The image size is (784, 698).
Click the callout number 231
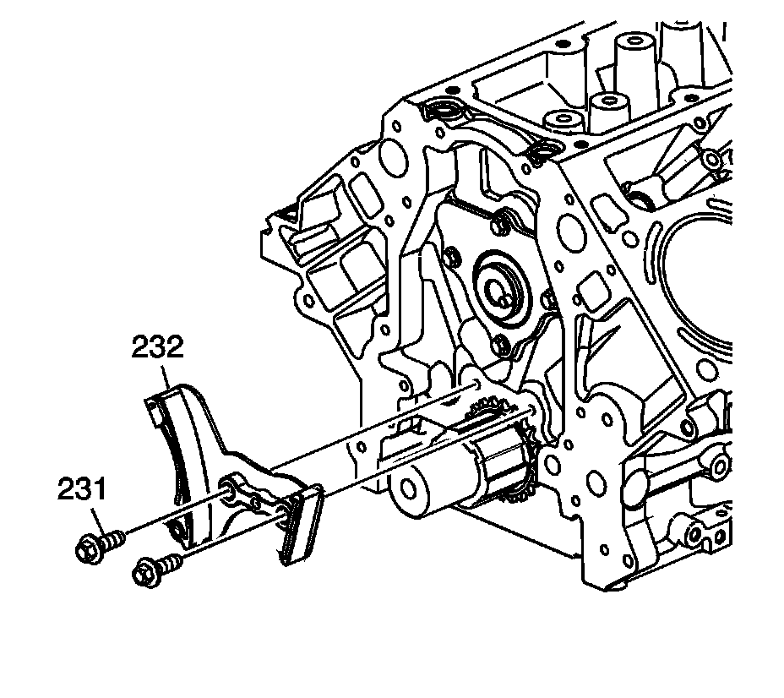click(x=82, y=489)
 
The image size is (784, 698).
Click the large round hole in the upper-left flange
click(x=391, y=155)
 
